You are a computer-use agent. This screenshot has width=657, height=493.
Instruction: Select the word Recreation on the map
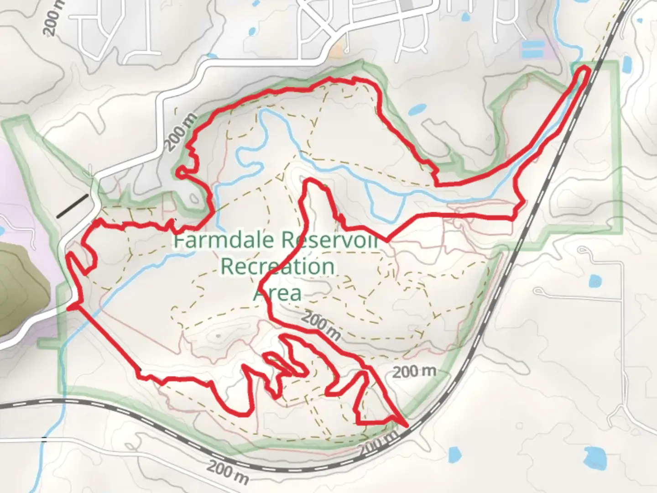click(277, 266)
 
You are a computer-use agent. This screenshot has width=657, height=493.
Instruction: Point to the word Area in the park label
click(277, 293)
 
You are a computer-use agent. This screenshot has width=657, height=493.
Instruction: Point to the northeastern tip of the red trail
click(585, 69)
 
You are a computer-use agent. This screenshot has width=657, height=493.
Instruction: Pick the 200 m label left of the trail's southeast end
click(414, 372)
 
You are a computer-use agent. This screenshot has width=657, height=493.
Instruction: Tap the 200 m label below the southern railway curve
click(229, 473)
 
